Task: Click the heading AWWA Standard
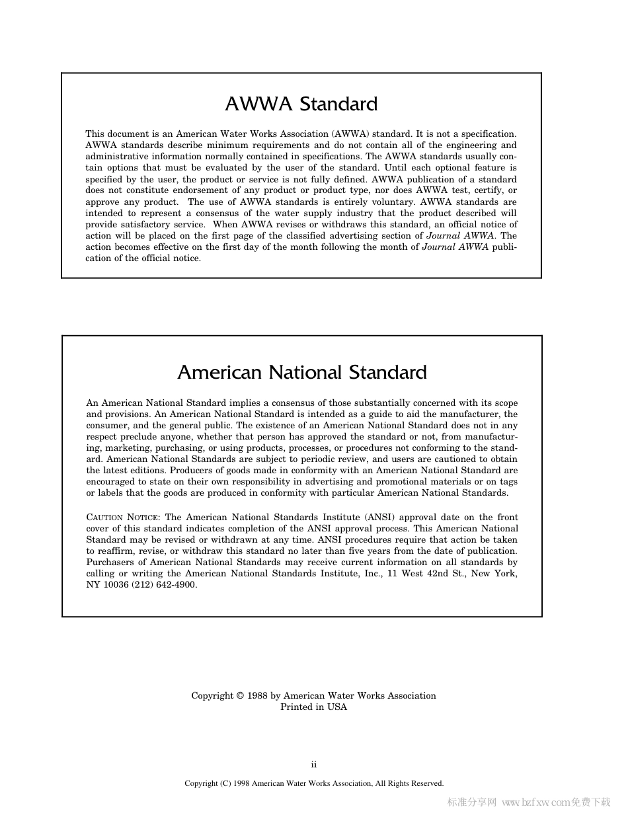[x=301, y=104]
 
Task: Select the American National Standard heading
[x=301, y=373]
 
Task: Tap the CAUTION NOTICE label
[x=123, y=518]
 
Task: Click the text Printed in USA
[x=313, y=707]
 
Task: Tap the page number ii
[x=314, y=765]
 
